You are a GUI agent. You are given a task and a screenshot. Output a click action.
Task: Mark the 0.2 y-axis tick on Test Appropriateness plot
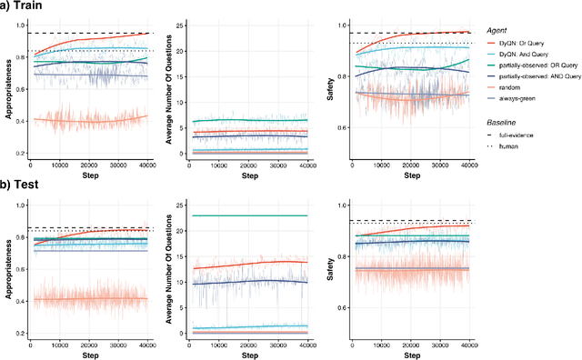20,334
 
